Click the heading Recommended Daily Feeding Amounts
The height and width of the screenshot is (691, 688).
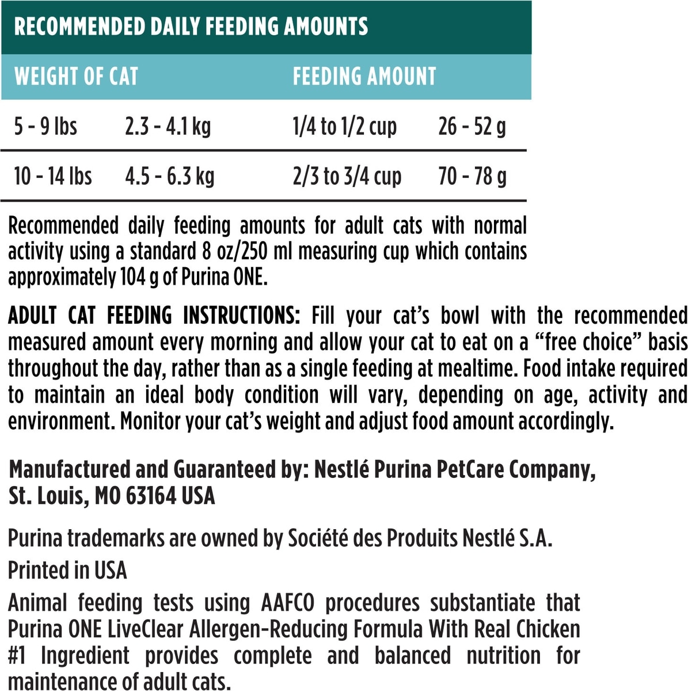click(191, 26)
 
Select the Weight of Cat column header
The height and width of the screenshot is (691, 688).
click(76, 76)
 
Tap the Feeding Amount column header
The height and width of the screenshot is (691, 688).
click(364, 76)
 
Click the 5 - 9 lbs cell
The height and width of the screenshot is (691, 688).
click(45, 126)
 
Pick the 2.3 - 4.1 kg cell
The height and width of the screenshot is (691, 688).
click(168, 126)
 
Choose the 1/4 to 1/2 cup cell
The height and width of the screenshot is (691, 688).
click(344, 126)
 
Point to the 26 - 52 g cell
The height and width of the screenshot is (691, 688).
click(472, 126)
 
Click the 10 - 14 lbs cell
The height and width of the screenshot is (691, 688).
click(53, 176)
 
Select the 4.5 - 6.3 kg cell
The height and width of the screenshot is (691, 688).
click(169, 176)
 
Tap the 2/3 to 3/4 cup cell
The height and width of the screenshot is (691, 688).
click(347, 176)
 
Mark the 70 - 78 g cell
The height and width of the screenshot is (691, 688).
click(472, 176)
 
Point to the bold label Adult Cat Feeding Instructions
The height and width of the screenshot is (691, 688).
click(154, 316)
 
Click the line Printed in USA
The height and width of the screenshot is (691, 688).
click(67, 570)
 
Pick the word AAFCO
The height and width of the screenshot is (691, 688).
click(288, 603)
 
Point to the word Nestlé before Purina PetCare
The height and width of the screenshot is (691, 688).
click(341, 470)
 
